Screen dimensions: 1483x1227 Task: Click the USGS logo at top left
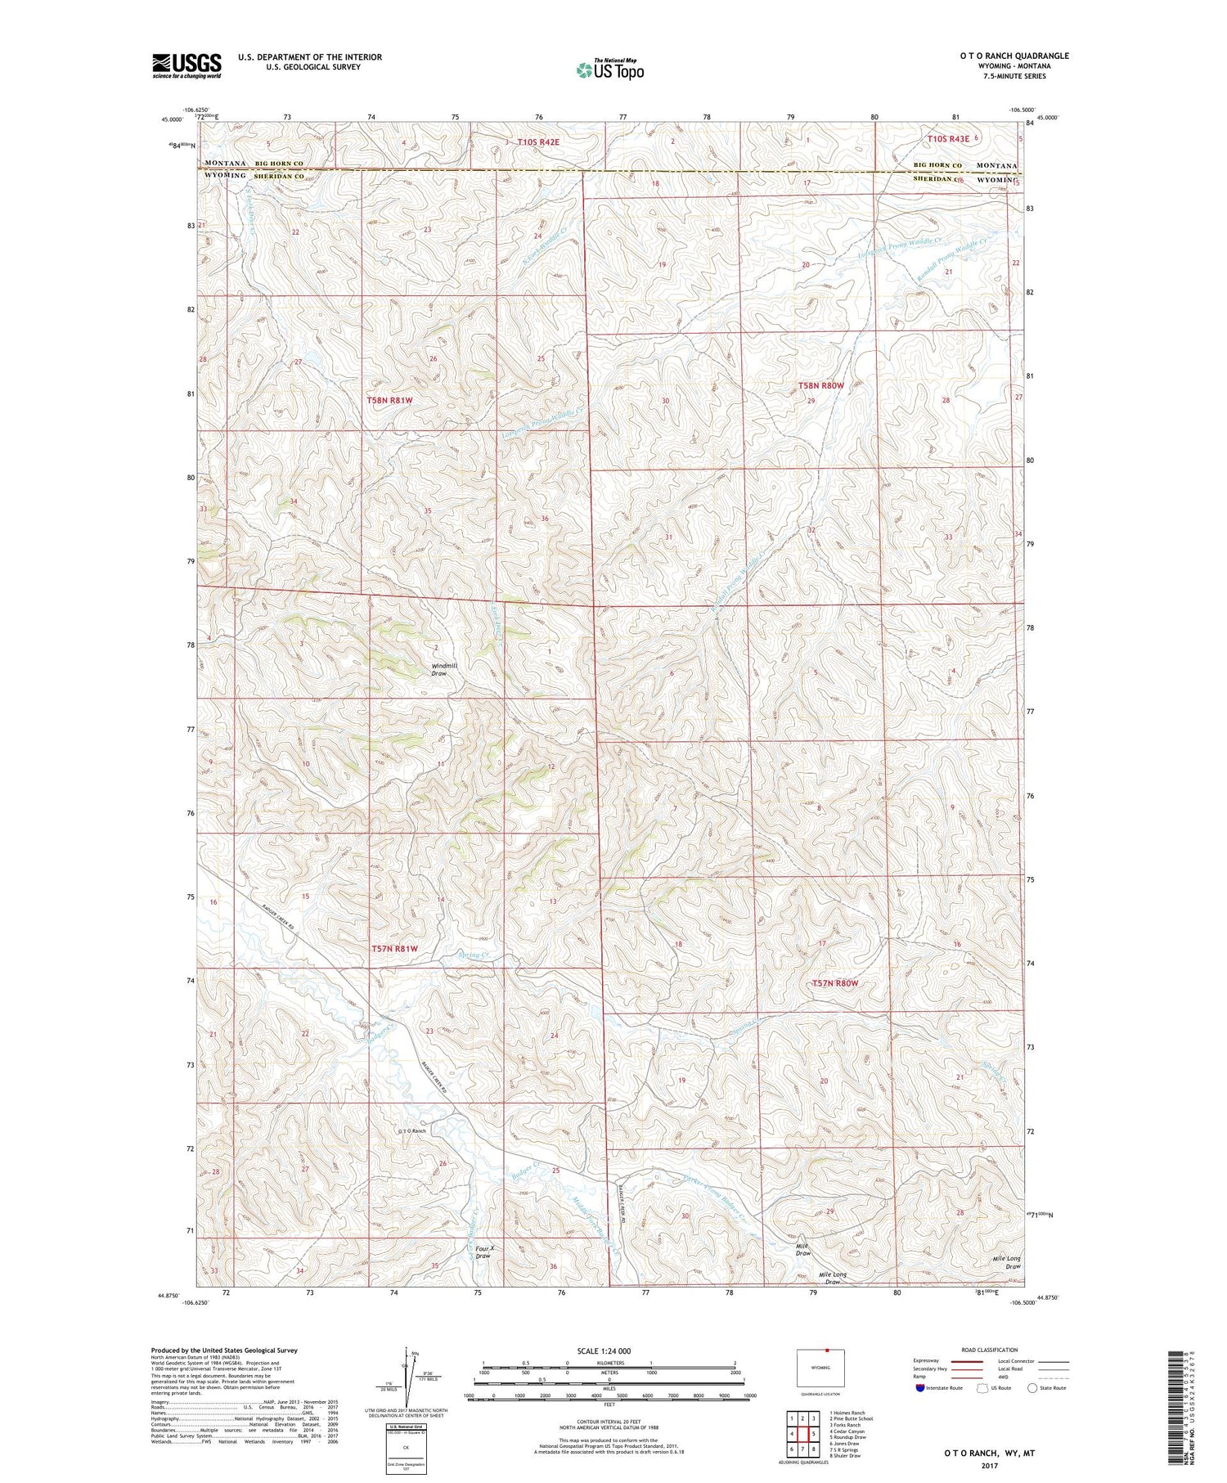coord(187,65)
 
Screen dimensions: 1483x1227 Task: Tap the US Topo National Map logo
coord(609,70)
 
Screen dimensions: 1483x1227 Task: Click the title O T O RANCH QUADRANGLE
coord(1014,56)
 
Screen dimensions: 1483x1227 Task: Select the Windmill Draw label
coord(444,669)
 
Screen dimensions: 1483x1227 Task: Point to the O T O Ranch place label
coord(411,1131)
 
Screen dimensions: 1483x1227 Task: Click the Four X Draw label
coord(483,1252)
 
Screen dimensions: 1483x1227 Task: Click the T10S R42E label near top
coord(538,142)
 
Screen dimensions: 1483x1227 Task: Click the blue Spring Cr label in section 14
coord(473,955)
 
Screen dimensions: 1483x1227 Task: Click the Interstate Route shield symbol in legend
coord(920,1388)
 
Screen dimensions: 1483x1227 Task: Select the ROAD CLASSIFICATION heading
coord(989,1350)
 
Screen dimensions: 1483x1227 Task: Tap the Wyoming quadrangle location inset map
coord(820,1368)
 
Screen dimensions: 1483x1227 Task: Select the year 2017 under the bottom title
coord(989,1466)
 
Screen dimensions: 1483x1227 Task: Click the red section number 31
coord(668,537)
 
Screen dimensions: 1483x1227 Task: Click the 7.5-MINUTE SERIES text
coord(1014,76)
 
